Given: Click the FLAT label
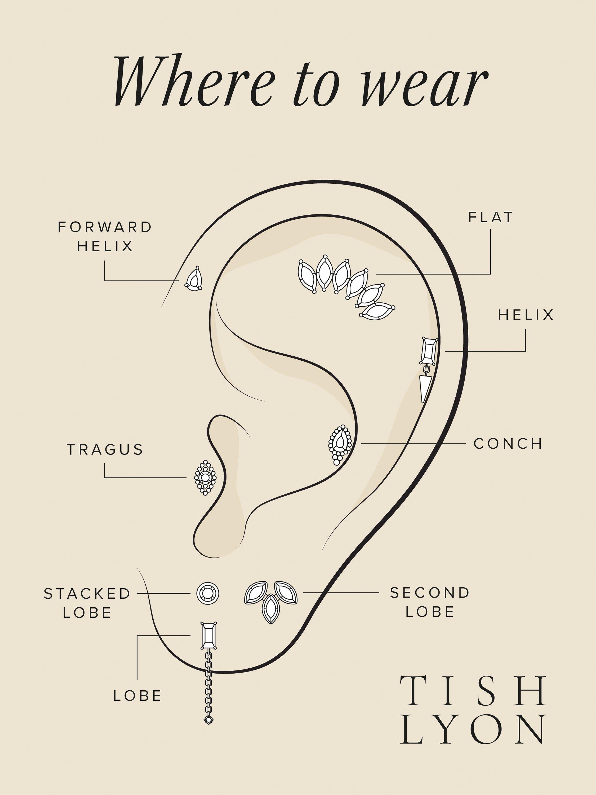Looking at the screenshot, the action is pyautogui.click(x=490, y=218).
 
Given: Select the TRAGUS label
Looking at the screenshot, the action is pyautogui.click(x=105, y=450).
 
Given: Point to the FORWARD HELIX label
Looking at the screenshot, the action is pyautogui.click(x=105, y=236).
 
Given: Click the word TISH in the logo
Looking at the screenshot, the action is pyautogui.click(x=473, y=690).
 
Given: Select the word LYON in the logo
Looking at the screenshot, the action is pyautogui.click(x=473, y=729).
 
